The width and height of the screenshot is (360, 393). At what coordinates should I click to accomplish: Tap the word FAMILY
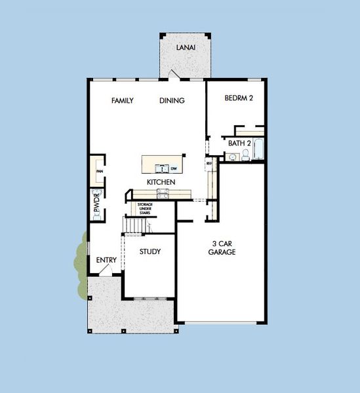[123, 101]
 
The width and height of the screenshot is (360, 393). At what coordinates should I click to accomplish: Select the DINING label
[172, 101]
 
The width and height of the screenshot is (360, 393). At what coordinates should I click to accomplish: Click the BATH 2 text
[240, 143]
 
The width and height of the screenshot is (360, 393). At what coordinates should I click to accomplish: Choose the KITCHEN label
[160, 181]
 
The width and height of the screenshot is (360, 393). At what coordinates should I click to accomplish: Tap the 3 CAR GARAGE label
[222, 248]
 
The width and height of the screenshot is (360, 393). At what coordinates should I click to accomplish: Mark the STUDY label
[150, 252]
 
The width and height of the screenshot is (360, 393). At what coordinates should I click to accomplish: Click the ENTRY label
[106, 260]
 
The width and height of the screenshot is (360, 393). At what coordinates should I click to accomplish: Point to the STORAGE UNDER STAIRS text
[145, 208]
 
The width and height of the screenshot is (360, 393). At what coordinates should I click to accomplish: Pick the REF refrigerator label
[209, 163]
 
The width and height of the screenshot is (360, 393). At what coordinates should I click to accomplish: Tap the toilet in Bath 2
[245, 155]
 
